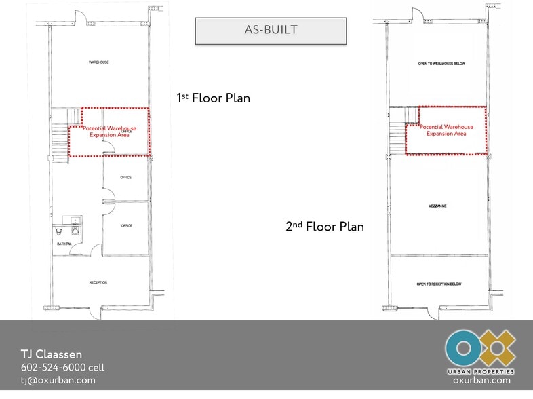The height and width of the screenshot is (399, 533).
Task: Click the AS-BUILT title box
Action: tap(271, 31)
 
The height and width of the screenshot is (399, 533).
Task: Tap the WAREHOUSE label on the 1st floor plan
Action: tap(99, 62)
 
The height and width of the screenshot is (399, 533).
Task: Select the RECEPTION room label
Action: tap(98, 282)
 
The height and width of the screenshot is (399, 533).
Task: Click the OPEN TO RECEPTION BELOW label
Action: tap(439, 284)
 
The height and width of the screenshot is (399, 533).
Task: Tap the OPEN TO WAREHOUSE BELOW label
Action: tap(441, 64)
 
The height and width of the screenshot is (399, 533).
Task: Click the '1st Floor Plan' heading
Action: tap(213, 98)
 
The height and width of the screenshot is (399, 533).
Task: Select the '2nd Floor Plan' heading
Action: tap(324, 226)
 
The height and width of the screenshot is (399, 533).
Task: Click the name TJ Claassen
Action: tap(51, 354)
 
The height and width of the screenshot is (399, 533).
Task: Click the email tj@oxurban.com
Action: tap(58, 380)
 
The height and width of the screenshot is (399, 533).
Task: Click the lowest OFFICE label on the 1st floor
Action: tap(126, 225)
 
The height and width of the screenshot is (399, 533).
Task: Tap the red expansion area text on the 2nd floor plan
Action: tap(446, 130)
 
